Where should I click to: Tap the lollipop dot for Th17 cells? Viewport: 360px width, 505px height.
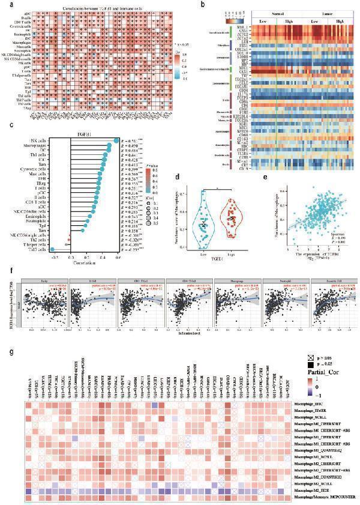(x=53, y=249)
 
